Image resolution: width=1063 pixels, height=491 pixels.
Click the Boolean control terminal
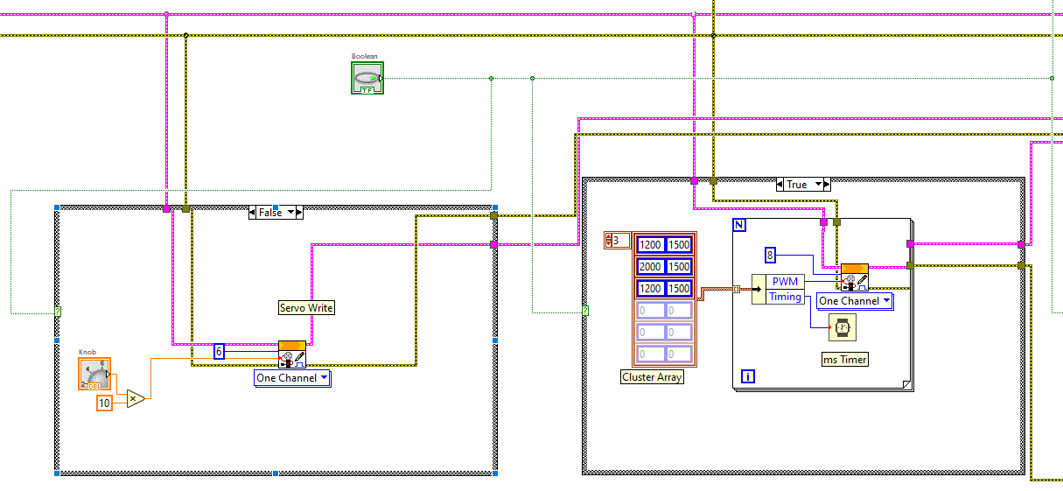pyautogui.click(x=367, y=78)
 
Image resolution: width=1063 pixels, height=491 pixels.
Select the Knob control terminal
pyautogui.click(x=94, y=373)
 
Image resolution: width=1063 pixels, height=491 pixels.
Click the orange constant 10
pyautogui.click(x=104, y=403)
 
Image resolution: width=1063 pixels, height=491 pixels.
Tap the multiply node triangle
pyautogui.click(x=135, y=398)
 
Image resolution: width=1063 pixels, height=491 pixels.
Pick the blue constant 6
pyautogui.click(x=220, y=351)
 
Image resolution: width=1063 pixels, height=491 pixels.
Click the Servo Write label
pyautogui.click(x=306, y=307)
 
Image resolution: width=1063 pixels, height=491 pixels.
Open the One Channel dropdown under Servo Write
pyautogui.click(x=293, y=378)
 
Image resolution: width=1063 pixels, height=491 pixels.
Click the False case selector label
pyautogui.click(x=275, y=212)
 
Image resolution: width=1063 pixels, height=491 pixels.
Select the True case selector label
pyautogui.click(x=802, y=185)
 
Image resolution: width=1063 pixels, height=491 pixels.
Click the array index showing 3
pyautogui.click(x=617, y=240)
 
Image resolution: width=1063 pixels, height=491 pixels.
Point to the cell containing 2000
pyautogui.click(x=650, y=266)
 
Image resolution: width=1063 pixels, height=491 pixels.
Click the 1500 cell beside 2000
pyautogui.click(x=679, y=266)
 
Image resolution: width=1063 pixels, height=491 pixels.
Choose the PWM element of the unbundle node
pyautogui.click(x=785, y=282)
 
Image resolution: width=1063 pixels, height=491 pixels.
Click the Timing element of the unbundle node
pyautogui.click(x=785, y=297)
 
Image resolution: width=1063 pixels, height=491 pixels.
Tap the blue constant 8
pyautogui.click(x=770, y=255)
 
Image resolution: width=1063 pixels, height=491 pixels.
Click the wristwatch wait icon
pyautogui.click(x=843, y=328)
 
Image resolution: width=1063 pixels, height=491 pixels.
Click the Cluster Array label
pyautogui.click(x=652, y=377)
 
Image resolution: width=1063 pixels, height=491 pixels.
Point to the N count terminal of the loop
pyautogui.click(x=740, y=226)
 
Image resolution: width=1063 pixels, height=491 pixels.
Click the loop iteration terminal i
pyautogui.click(x=748, y=376)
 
